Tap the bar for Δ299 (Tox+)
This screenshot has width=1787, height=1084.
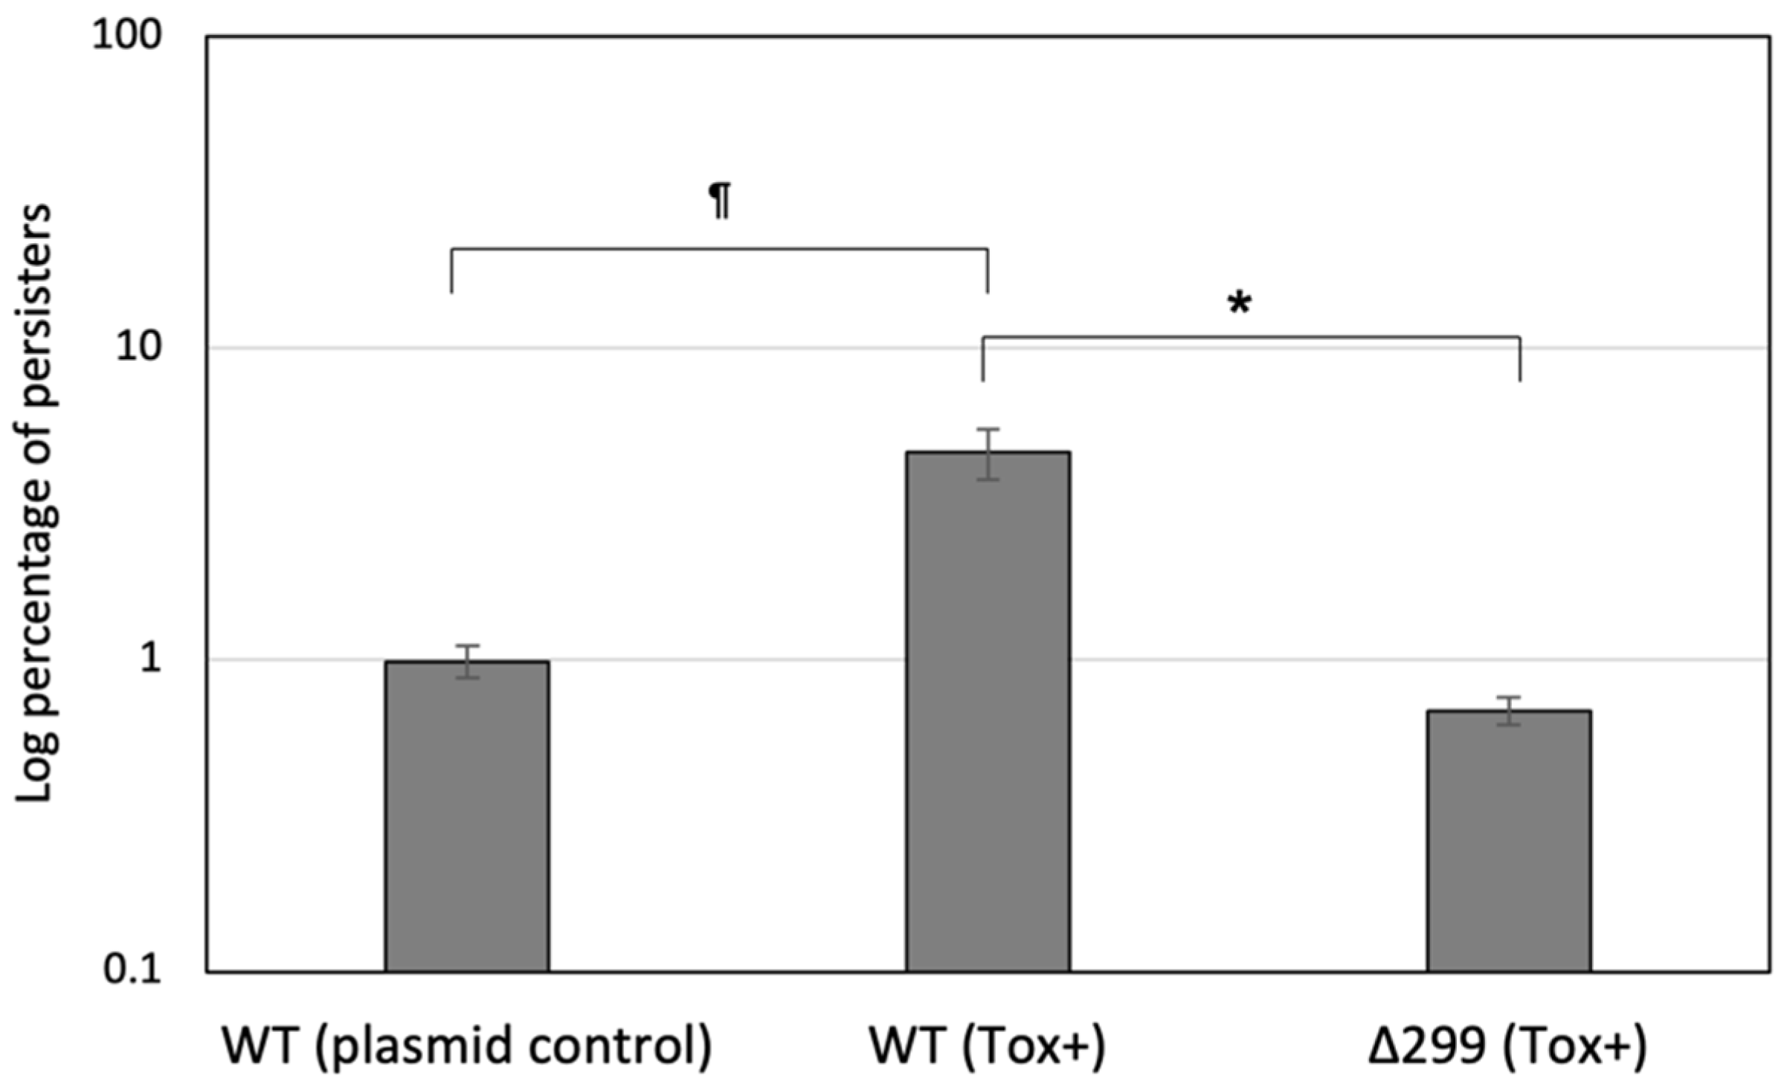click(x=1509, y=841)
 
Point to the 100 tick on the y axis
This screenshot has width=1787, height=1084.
click(x=126, y=35)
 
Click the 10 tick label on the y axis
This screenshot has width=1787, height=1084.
click(x=138, y=347)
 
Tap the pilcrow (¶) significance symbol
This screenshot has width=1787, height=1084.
click(x=720, y=201)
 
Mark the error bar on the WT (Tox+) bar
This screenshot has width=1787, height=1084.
click(x=988, y=454)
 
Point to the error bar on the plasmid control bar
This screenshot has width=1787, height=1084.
click(x=467, y=661)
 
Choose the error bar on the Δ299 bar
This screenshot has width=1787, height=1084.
click(x=1509, y=711)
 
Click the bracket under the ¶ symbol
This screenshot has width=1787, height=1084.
click(x=720, y=250)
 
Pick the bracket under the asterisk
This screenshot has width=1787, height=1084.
click(x=1251, y=338)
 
